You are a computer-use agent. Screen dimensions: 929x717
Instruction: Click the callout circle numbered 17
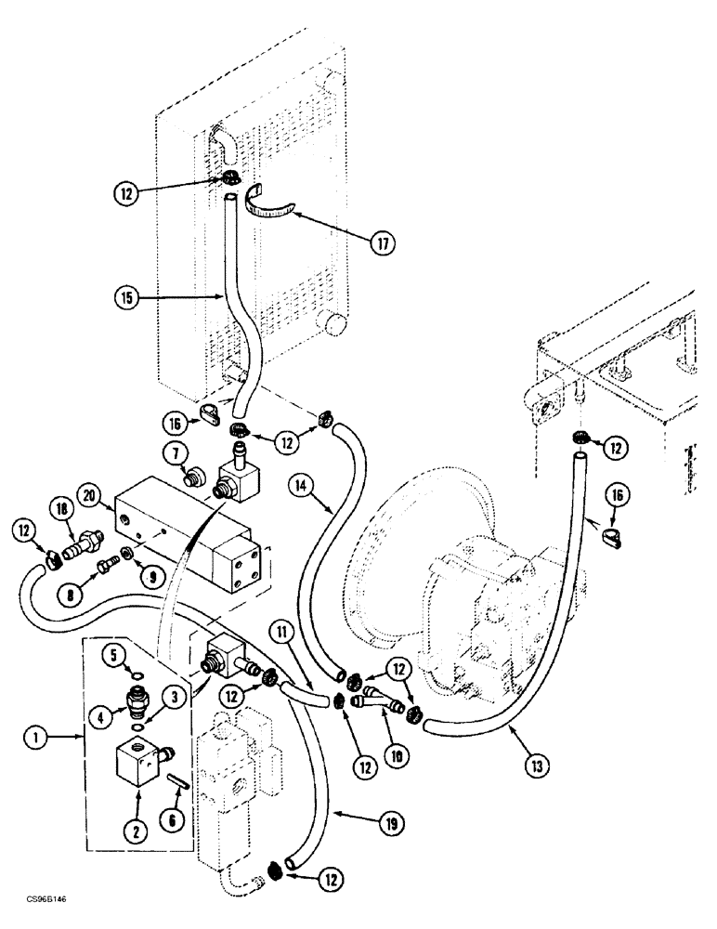point(381,244)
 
